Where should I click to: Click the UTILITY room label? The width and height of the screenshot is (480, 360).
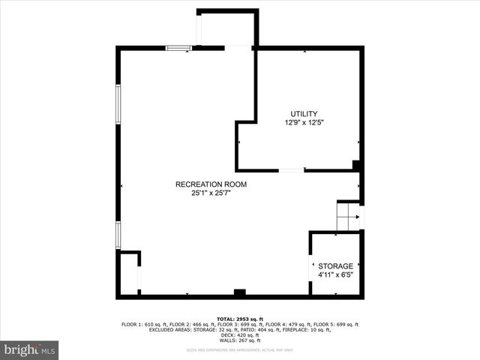coord(304,113)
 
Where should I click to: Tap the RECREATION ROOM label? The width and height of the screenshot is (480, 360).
coord(211,184)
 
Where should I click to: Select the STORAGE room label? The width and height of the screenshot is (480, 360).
coord(335,266)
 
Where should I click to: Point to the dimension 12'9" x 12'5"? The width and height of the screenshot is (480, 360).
coord(304,122)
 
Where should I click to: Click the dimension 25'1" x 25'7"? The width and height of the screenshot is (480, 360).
coord(211,193)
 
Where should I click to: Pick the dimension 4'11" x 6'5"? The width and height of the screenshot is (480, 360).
coord(335,274)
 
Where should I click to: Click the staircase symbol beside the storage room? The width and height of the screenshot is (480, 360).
coord(347,217)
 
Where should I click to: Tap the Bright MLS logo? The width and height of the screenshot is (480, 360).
coord(29,349)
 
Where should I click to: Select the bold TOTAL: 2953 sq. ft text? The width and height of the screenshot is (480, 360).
coord(239,319)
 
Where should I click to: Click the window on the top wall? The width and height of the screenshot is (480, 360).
coord(178,48)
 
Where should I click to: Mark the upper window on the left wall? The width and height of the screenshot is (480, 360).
coord(118,102)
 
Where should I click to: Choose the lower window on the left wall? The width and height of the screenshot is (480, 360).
coord(118,234)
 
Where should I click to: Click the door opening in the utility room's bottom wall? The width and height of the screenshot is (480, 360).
coord(292,170)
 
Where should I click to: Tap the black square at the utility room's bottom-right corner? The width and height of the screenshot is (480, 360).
coord(357,165)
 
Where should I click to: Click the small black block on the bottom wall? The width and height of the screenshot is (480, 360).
coord(239,292)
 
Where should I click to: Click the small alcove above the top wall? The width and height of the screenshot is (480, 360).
coord(226,28)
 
